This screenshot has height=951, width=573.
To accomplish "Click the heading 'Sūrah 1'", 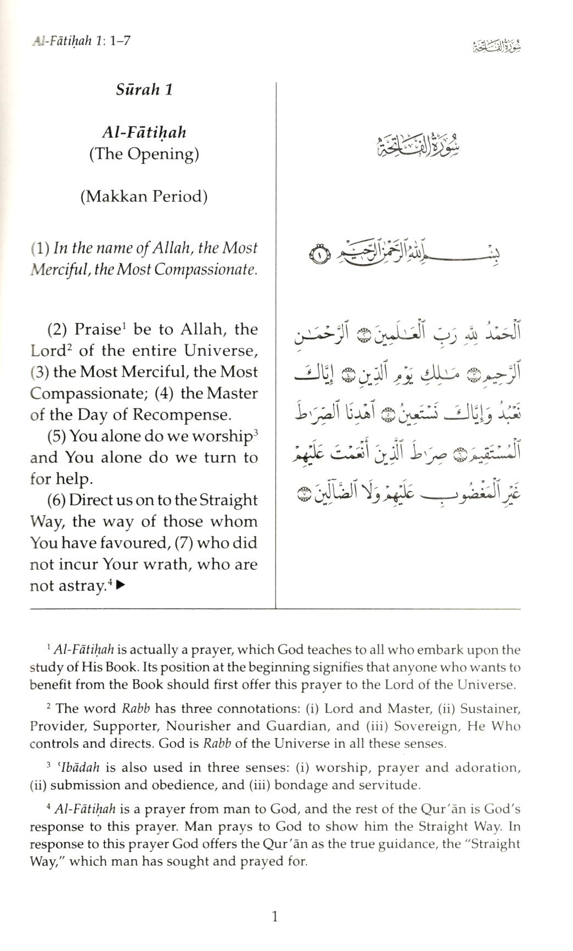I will (x=144, y=89).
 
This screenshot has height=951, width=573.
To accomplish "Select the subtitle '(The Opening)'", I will (x=144, y=154).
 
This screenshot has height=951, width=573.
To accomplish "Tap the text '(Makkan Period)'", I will (x=144, y=196).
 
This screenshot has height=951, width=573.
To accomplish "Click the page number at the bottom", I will (x=275, y=916).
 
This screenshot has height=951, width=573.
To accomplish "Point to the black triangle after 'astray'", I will (x=121, y=586).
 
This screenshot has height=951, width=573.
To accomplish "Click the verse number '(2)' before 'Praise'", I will (x=58, y=330).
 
